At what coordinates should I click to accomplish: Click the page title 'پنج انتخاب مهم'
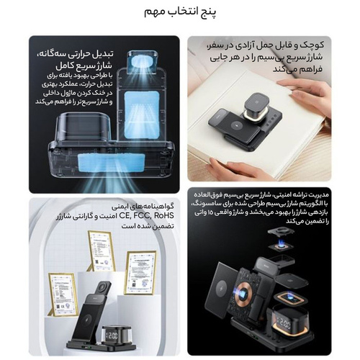(180, 13)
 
